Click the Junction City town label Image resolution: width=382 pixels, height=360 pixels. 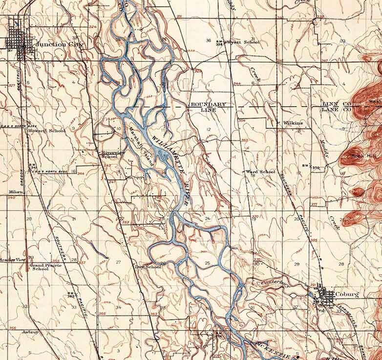click(x=60, y=45)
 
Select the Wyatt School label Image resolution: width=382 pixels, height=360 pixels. click(x=245, y=43)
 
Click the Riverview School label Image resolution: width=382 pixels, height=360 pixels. click(x=109, y=155)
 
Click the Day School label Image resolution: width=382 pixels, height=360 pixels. click(x=149, y=267)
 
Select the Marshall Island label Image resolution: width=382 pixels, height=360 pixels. click(x=142, y=147)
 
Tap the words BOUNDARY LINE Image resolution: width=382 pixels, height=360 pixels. click(x=208, y=108)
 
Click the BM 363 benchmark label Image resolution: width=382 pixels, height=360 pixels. click(x=70, y=295)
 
